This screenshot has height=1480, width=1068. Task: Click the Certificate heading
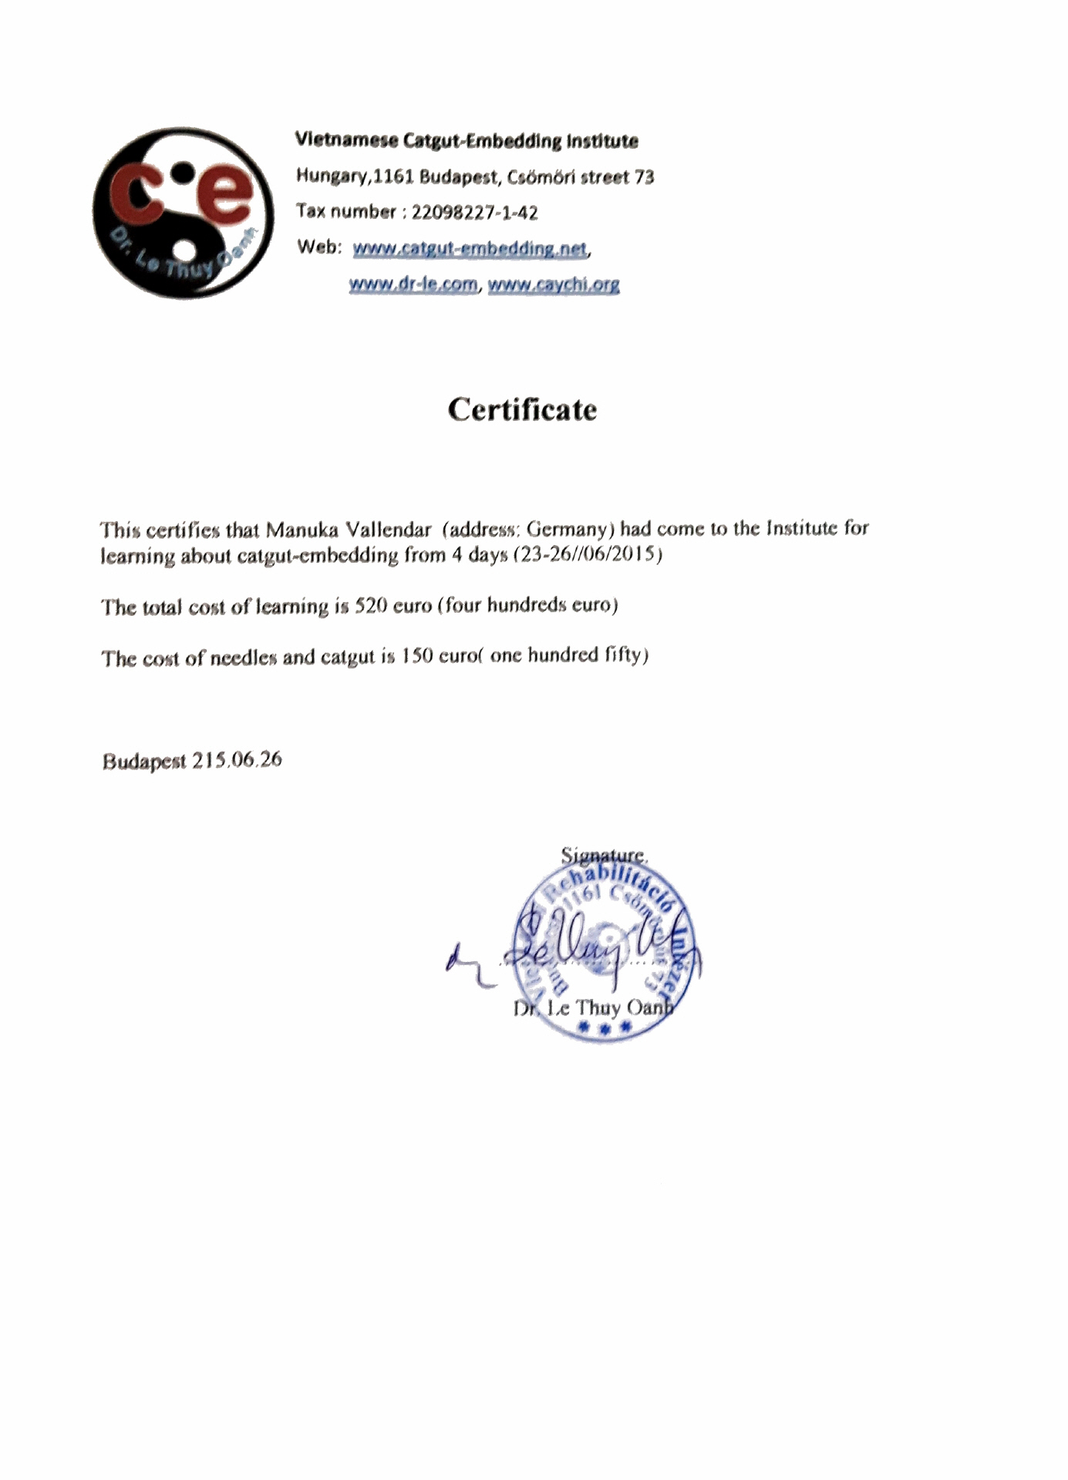pyautogui.click(x=522, y=409)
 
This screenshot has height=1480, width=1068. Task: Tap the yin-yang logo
pyautogui.click(x=183, y=214)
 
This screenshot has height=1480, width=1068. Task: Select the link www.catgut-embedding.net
pyautogui.click(x=470, y=248)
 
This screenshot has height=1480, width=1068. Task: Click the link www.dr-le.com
pyautogui.click(x=413, y=284)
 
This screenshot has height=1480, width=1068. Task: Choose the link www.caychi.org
pyautogui.click(x=554, y=284)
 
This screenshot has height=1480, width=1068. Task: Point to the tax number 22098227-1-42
pyautogui.click(x=474, y=213)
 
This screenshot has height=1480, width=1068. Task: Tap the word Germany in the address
pyautogui.click(x=569, y=529)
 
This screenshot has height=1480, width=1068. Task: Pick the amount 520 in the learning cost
pyautogui.click(x=370, y=606)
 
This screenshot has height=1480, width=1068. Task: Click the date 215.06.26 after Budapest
pyautogui.click(x=237, y=760)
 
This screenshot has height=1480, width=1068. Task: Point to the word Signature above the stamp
pyautogui.click(x=602, y=855)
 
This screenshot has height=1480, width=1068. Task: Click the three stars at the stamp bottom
pyautogui.click(x=605, y=1028)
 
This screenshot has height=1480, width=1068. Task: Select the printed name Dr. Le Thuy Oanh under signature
pyautogui.click(x=593, y=1007)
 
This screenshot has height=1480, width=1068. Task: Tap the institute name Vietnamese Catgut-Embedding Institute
pyautogui.click(x=467, y=141)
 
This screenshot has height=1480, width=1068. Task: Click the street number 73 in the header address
pyautogui.click(x=644, y=177)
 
